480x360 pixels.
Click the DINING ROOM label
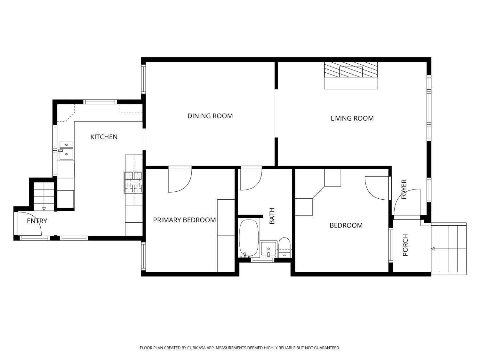[x=210, y=116]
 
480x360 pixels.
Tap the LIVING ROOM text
[x=352, y=118]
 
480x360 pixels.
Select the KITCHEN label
[x=104, y=137]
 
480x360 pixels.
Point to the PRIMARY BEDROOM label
[x=184, y=220]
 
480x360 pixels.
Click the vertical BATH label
[x=272, y=216]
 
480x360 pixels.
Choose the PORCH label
[x=405, y=245]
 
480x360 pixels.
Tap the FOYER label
[x=404, y=189]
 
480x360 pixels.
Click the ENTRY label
[x=37, y=221]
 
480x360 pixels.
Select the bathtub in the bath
[x=249, y=238]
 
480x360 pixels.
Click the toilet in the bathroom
[x=284, y=247]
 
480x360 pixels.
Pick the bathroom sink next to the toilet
[x=268, y=249]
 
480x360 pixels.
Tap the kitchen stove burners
[x=133, y=182]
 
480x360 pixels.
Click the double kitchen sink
[x=66, y=150]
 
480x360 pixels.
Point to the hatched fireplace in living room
[x=351, y=69]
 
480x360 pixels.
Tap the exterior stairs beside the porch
[x=449, y=249]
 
